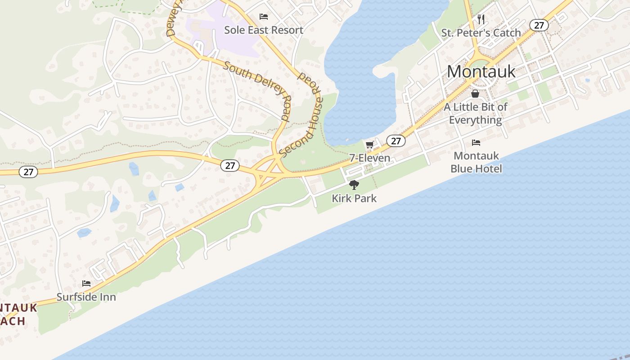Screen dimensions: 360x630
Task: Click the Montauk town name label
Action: tap(481, 71)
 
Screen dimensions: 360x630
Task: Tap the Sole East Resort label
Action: tap(264, 30)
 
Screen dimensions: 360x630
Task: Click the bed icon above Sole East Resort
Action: tap(264, 17)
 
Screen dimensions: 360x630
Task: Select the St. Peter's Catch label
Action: tap(481, 33)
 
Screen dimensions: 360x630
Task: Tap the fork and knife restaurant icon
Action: tap(481, 19)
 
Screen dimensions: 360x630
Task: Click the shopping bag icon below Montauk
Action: tap(475, 94)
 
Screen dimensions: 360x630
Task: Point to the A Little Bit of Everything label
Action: tap(475, 113)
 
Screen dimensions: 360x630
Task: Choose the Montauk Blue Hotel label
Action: tap(476, 162)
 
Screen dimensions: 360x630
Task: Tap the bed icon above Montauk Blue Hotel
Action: tap(476, 143)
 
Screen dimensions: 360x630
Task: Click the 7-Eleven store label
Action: tap(370, 158)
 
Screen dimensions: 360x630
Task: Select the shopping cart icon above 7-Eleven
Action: tap(370, 144)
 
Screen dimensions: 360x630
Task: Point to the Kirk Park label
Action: tap(354, 198)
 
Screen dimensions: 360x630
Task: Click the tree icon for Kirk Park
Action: tap(354, 184)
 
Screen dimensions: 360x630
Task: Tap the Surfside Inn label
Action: tap(86, 297)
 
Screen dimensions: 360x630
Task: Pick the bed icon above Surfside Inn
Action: tap(86, 283)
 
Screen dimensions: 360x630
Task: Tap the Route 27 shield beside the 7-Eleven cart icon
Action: tap(396, 141)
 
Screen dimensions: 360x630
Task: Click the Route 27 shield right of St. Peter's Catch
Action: tap(539, 25)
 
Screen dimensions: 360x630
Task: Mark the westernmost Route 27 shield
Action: tap(28, 171)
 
